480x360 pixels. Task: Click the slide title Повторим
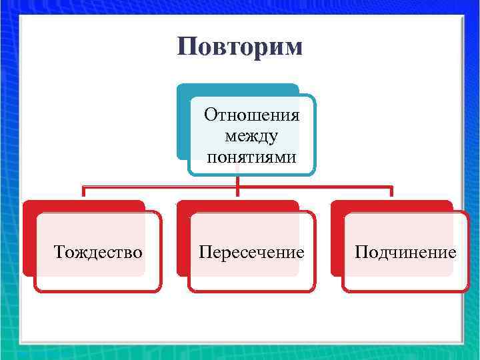240,47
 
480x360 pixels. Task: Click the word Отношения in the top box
252,115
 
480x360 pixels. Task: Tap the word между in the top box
252,137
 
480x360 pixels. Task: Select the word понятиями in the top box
252,157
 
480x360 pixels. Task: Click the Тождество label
98,252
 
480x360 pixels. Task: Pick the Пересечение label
251,252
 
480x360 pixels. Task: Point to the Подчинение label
405,252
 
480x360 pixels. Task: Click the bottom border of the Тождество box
98,291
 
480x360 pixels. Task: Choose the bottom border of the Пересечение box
251,291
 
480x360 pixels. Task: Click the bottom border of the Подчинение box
405,291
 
